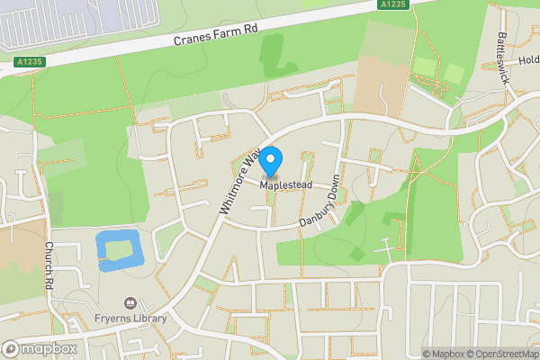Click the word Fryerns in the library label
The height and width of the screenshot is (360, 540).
tap(113, 319)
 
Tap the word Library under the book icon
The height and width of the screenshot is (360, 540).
tap(149, 319)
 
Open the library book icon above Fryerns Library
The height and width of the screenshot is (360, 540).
tap(131, 304)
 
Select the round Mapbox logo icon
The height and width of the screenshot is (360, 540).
tap(12, 348)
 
